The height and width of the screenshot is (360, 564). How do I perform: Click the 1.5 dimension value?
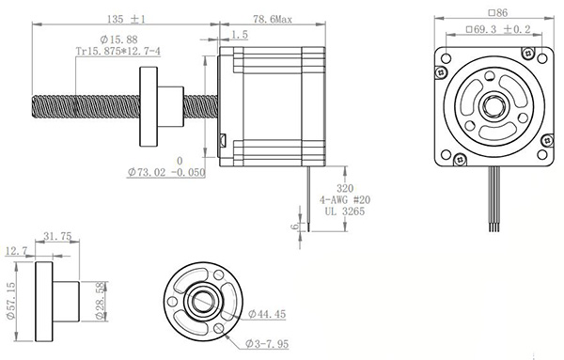click(x=240, y=34)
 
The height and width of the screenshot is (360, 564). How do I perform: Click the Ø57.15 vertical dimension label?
click(x=10, y=302)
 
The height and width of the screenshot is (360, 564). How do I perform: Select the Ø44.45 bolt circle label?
click(x=267, y=313)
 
